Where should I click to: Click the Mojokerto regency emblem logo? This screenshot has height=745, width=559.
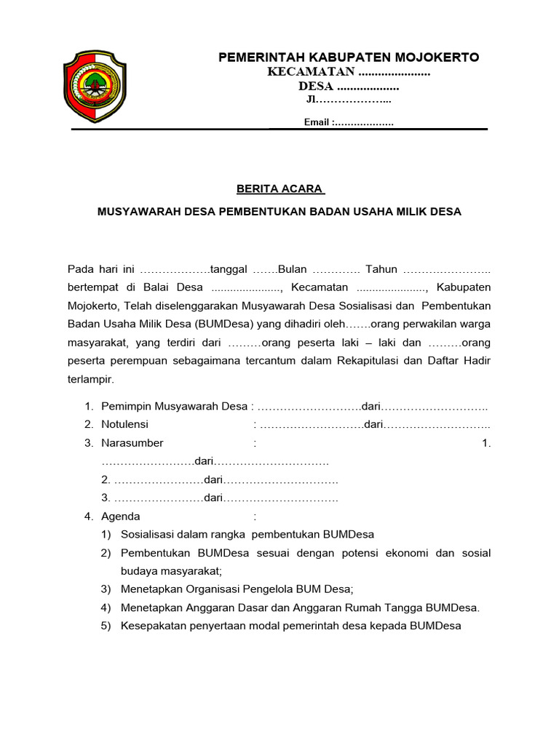pos(95,85)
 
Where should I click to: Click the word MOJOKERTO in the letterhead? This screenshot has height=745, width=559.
pos(435,57)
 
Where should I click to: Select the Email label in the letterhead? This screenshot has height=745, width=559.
pos(317,122)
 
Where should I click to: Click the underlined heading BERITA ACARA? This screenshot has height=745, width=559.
pos(279,189)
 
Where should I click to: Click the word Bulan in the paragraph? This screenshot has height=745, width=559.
pos(293,269)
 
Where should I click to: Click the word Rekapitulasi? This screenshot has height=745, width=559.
pos(411,361)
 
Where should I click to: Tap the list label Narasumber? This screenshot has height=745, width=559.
pos(132,442)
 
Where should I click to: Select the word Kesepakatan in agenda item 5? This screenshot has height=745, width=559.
pos(153,626)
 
